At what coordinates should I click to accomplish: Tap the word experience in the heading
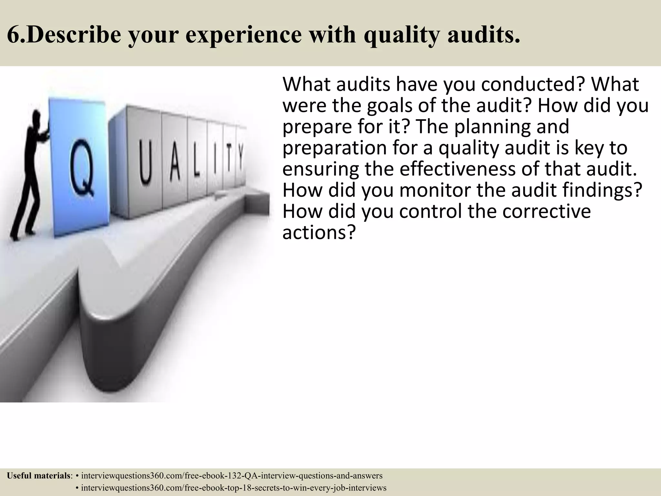click(239, 35)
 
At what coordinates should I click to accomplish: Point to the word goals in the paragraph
click(392, 106)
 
